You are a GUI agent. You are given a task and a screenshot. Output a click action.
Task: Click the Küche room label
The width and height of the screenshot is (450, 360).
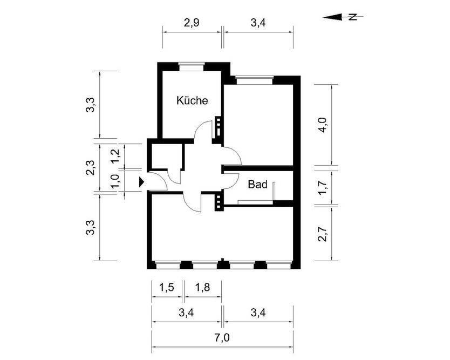(192, 100)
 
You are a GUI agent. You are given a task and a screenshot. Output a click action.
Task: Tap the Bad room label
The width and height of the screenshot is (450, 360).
(258, 185)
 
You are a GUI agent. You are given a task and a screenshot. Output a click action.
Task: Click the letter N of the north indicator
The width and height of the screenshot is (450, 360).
(354, 17)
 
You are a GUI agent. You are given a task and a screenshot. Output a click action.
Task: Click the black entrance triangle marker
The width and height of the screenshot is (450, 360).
(142, 182)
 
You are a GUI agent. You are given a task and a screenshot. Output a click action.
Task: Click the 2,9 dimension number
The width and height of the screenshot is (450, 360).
(192, 24)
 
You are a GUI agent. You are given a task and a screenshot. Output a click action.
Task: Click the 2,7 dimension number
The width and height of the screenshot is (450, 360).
(322, 233)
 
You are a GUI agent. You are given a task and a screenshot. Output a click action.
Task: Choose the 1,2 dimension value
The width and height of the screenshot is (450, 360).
(114, 156)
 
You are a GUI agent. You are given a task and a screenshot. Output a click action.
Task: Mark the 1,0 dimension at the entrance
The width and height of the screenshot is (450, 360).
(114, 181)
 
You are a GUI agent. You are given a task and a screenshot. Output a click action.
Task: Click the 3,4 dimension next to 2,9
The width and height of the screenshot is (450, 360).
(258, 24)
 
